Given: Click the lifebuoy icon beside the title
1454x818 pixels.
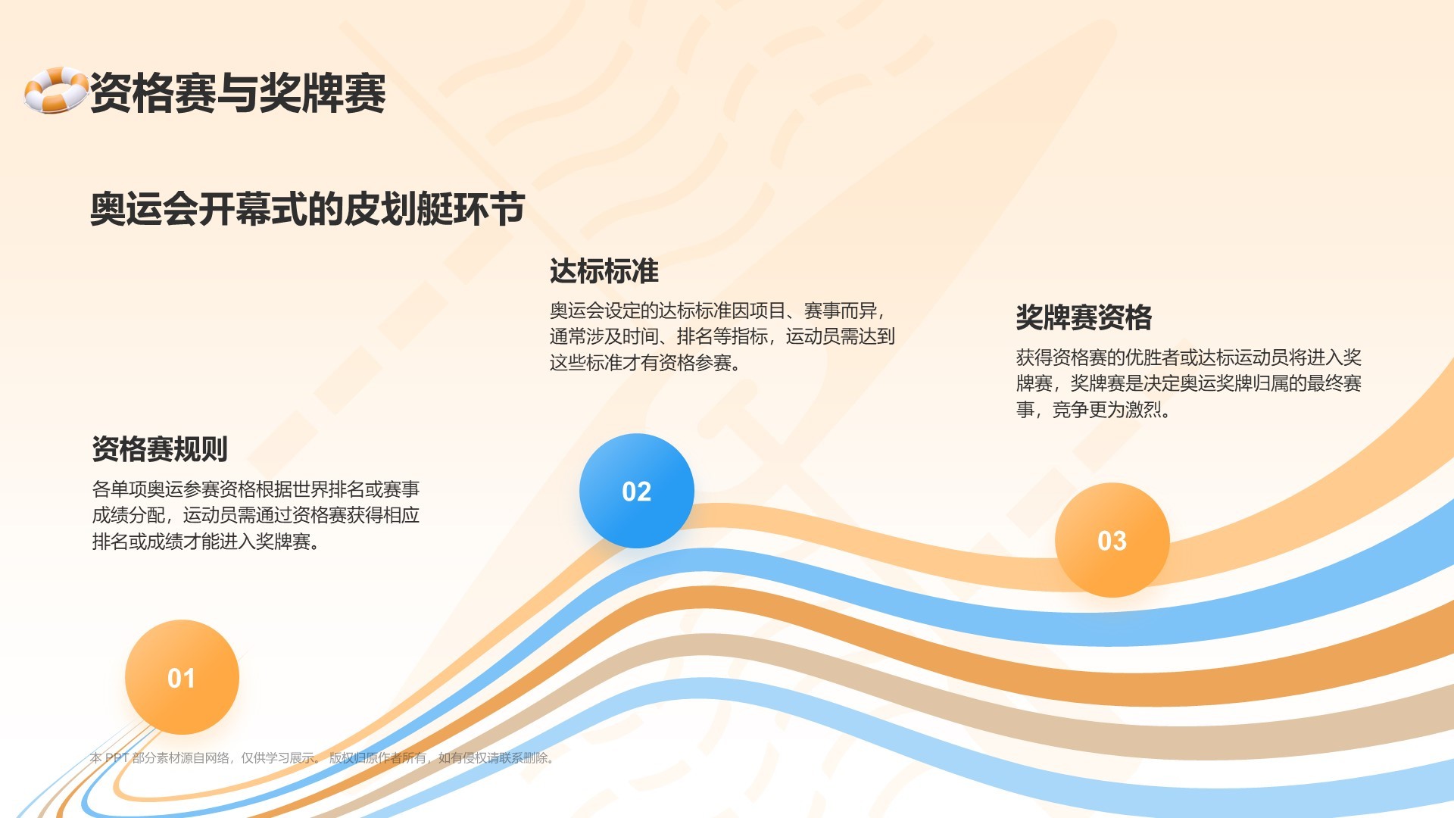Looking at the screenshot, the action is pos(55,90).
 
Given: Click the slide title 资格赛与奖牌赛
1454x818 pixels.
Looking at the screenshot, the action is pos(239,93).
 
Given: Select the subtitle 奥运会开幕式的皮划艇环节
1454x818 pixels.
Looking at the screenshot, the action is pos(307,209).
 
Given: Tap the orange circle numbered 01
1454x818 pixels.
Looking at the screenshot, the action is pos(182,677).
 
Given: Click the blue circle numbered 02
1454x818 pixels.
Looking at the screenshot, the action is pos(637,491).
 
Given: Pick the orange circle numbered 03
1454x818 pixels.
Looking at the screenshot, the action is pos(1112,540).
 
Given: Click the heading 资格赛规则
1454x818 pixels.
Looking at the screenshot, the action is pos(160,449).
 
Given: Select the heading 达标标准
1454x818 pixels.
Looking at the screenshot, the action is pos(604,271).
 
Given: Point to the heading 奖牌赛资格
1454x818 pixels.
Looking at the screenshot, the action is pos(1084,317).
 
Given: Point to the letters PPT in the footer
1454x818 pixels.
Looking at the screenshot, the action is pos(117,757).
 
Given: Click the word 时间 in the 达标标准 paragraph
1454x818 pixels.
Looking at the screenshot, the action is pos(641,336).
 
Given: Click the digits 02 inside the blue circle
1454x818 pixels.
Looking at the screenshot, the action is pos(637,492).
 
